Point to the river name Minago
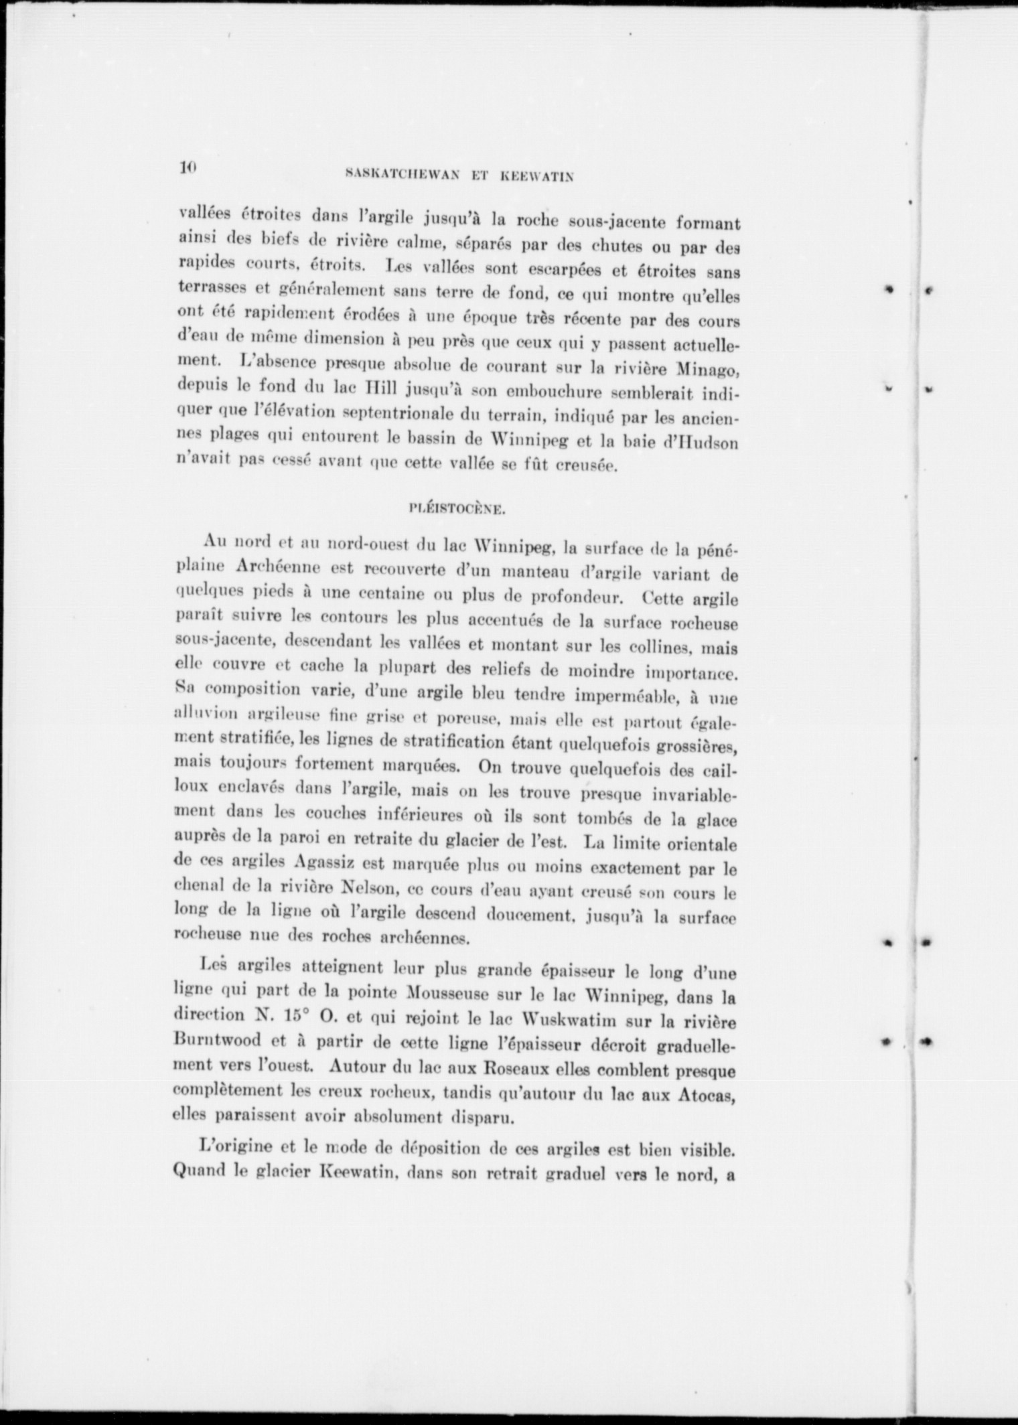[x=707, y=368]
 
